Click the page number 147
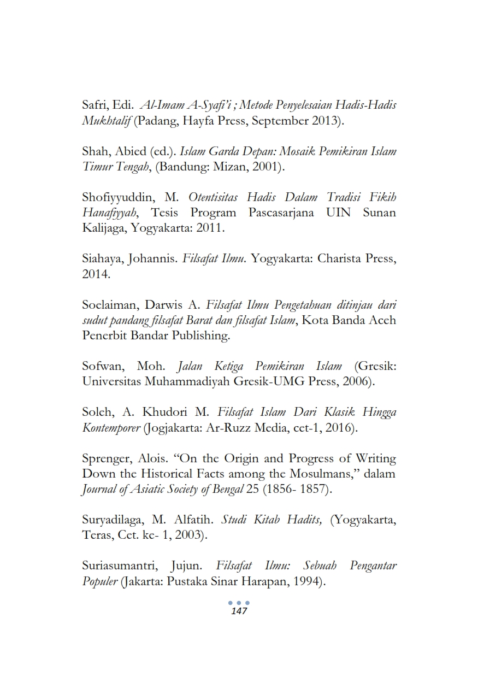point(239,611)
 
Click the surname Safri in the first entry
point(95,105)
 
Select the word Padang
point(161,121)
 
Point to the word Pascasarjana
point(281,212)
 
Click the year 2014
point(96,274)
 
